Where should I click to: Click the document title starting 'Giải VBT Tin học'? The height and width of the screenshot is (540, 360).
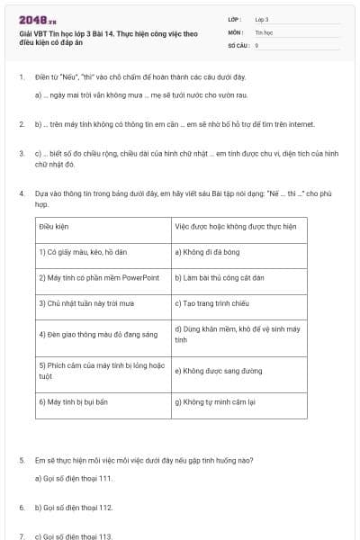[108, 35]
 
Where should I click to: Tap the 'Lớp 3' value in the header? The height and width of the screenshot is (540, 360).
[262, 18]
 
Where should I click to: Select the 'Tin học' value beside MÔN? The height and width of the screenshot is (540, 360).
[263, 31]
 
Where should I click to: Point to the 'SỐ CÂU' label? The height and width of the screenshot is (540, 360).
[238, 44]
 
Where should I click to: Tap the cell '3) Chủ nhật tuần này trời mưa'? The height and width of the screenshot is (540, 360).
[85, 303]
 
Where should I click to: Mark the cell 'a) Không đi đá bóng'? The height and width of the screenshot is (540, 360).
[206, 252]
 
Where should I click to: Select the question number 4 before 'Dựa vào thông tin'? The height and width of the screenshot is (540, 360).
[21, 193]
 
